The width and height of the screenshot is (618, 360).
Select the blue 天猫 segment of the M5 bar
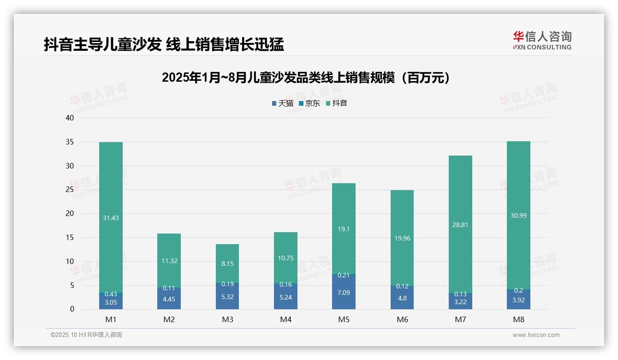[344, 292]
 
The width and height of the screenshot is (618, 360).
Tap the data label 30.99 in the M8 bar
[518, 215]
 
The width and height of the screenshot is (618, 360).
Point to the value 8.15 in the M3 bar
[227, 264]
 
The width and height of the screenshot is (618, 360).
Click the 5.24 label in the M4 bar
[285, 297]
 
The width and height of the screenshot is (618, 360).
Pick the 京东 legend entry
[309, 103]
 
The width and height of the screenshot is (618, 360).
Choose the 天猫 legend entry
[283, 103]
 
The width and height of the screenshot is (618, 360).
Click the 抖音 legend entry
[337, 103]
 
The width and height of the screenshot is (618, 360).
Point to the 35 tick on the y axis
[70, 142]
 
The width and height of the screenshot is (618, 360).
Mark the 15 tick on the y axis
[70, 238]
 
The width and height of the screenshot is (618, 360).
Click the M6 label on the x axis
[402, 319]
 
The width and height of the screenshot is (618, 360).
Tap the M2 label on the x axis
[169, 319]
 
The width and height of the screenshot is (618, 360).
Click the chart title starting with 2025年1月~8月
[305, 78]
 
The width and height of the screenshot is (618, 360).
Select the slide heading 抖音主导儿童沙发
[164, 44]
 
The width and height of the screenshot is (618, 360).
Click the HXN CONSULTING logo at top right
[542, 40]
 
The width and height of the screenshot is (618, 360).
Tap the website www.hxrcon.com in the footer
[535, 335]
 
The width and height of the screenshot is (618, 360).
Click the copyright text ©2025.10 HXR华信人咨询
[86, 335]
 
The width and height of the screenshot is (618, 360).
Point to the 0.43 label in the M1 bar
[111, 294]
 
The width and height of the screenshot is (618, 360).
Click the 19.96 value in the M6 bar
[402, 238]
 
